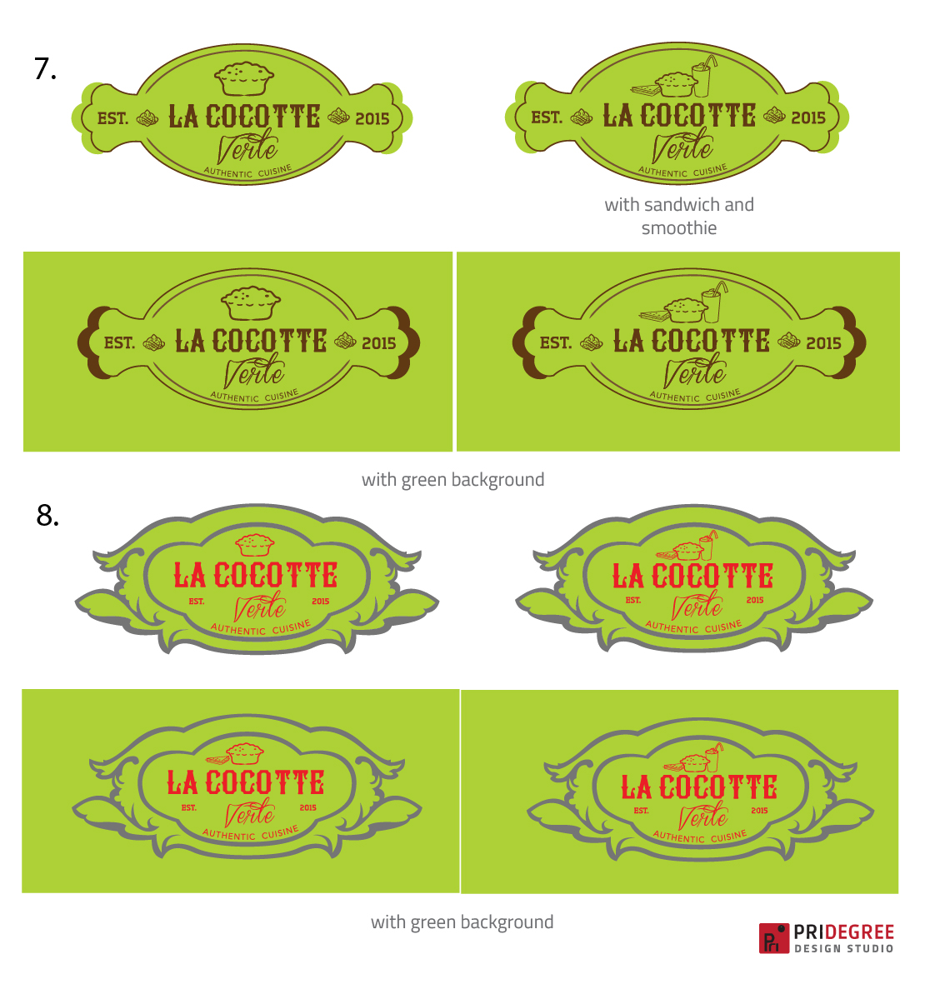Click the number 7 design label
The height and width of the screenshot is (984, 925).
[x=45, y=69]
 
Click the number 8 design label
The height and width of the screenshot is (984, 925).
[x=47, y=516]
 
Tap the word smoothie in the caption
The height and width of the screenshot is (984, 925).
[x=679, y=227]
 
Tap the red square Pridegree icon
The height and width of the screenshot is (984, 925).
[x=774, y=938]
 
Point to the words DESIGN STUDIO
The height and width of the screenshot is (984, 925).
[x=844, y=948]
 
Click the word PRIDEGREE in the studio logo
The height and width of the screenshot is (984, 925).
[x=844, y=932]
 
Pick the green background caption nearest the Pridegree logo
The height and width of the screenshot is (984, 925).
[x=462, y=922]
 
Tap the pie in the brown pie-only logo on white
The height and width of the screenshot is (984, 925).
[x=244, y=77]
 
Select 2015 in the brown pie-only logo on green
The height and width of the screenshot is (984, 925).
[x=378, y=343]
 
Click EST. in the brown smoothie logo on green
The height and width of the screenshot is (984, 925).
[x=556, y=343]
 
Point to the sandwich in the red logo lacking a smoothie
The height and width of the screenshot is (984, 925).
[x=217, y=759]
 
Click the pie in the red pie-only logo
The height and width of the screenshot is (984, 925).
[x=255, y=545]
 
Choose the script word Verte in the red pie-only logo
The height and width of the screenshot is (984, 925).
[x=260, y=607]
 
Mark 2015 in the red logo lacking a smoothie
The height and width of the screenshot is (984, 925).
[x=308, y=807]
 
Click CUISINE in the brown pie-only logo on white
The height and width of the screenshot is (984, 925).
[x=276, y=170]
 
